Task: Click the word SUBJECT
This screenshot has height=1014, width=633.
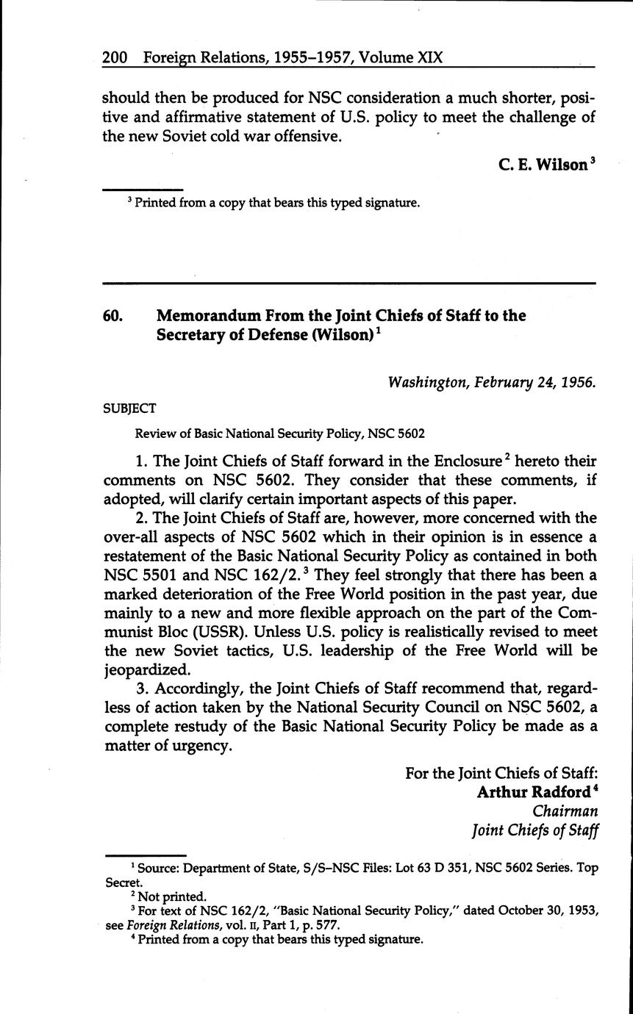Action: click(129, 409)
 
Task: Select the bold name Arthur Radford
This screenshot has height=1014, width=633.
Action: click(533, 792)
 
